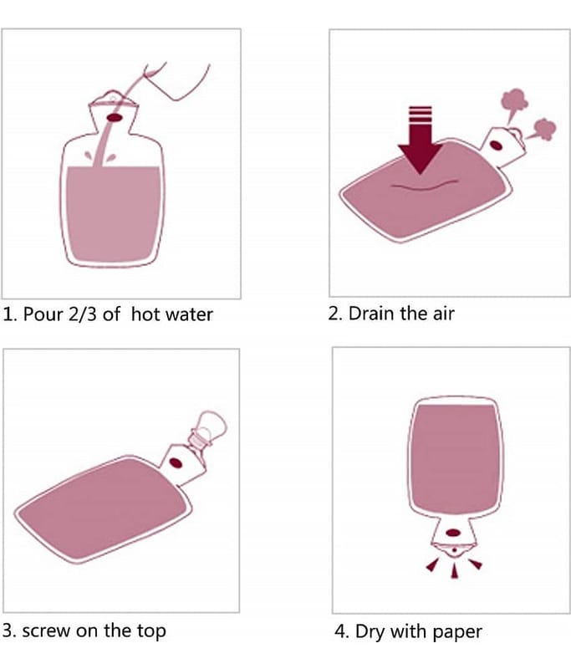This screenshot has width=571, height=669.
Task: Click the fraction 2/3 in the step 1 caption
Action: point(82,314)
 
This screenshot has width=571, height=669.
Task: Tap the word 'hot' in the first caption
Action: point(145,314)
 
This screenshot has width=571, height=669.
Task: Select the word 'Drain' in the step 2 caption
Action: point(371,314)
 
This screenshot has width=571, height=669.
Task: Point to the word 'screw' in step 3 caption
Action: point(47,631)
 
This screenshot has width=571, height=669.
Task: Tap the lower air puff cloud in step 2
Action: point(543,130)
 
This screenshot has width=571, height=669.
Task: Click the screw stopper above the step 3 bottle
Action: point(208,428)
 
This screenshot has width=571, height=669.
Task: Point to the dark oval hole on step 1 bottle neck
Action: point(114,118)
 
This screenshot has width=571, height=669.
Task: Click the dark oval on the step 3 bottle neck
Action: point(176,463)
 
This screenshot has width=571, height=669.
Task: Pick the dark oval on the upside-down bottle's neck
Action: point(453,533)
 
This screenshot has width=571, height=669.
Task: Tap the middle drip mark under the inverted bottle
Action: point(454,570)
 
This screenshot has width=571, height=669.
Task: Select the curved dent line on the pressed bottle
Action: point(424,186)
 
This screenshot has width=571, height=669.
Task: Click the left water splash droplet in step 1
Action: point(89,156)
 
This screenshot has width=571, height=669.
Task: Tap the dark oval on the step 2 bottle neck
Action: point(496,146)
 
